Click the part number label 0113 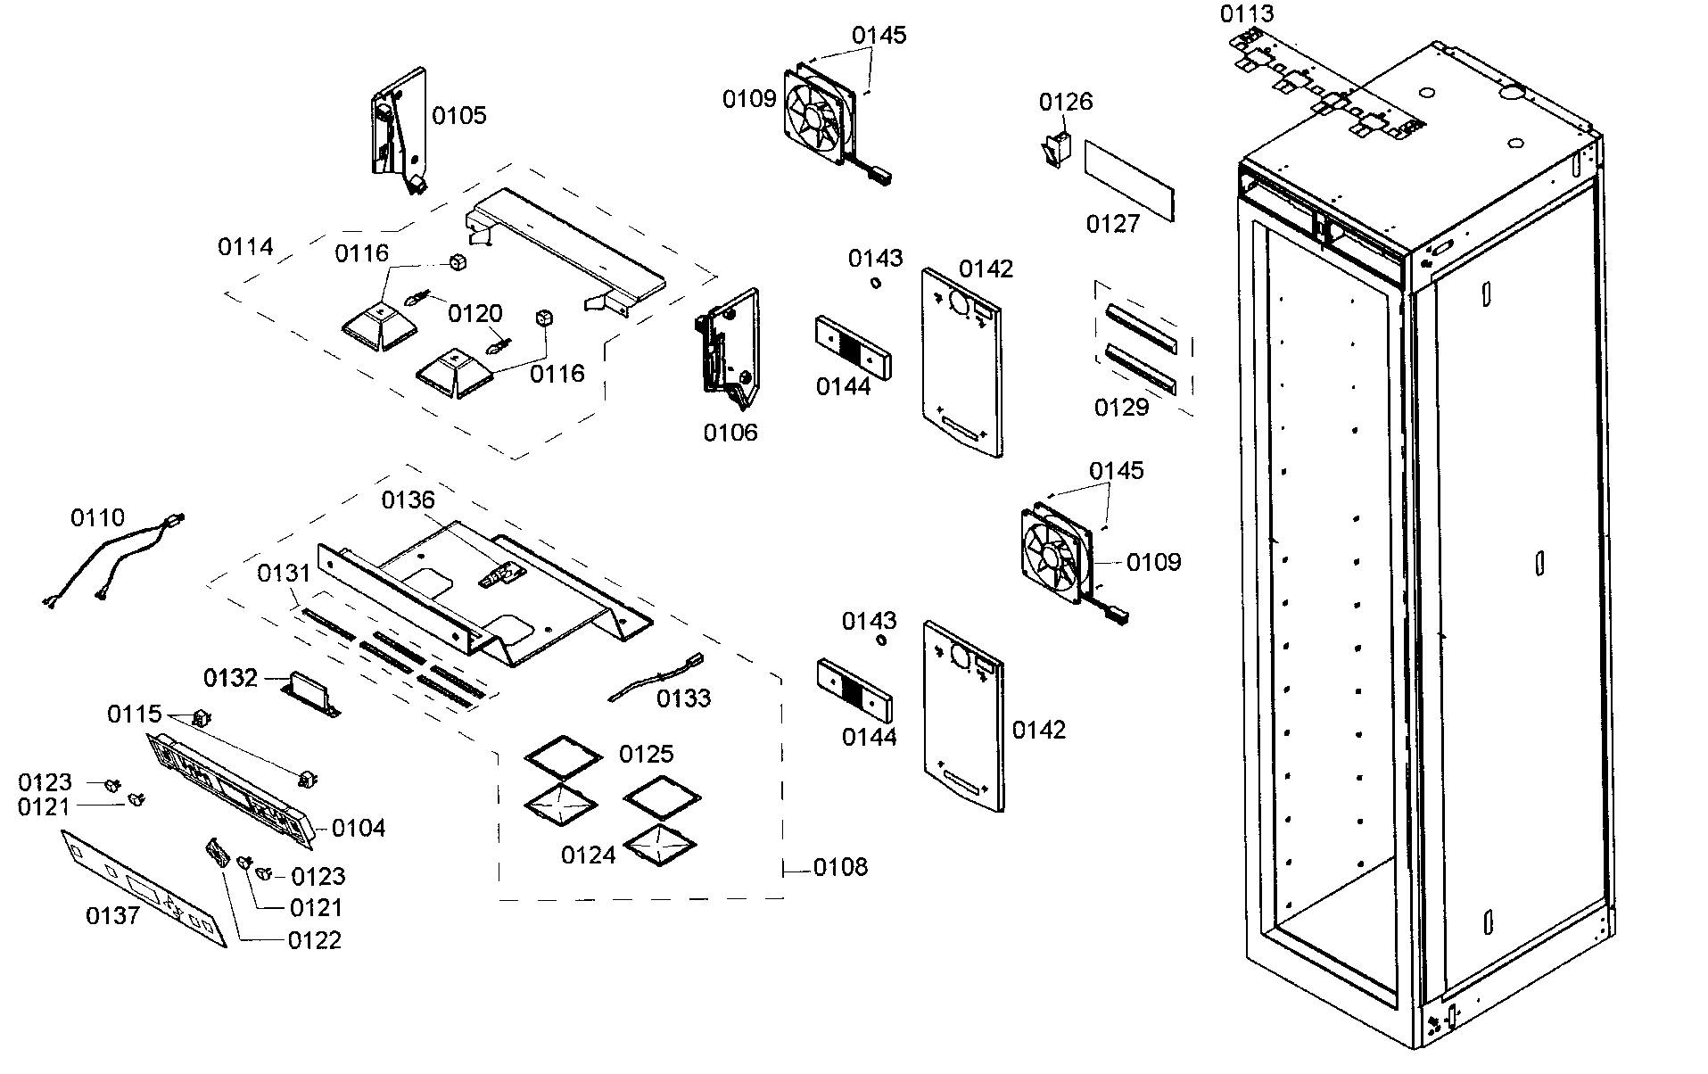[1247, 14]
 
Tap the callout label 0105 [459, 115]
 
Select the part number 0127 [1113, 224]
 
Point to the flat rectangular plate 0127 [1129, 179]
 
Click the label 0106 [730, 433]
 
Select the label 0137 [112, 915]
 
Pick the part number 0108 [840, 867]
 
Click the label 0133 [684, 698]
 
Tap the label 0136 [408, 500]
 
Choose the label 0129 [1121, 408]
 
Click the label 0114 [245, 247]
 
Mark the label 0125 [646, 755]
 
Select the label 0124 [588, 855]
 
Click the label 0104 [359, 829]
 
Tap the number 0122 [315, 941]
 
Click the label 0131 [284, 574]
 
